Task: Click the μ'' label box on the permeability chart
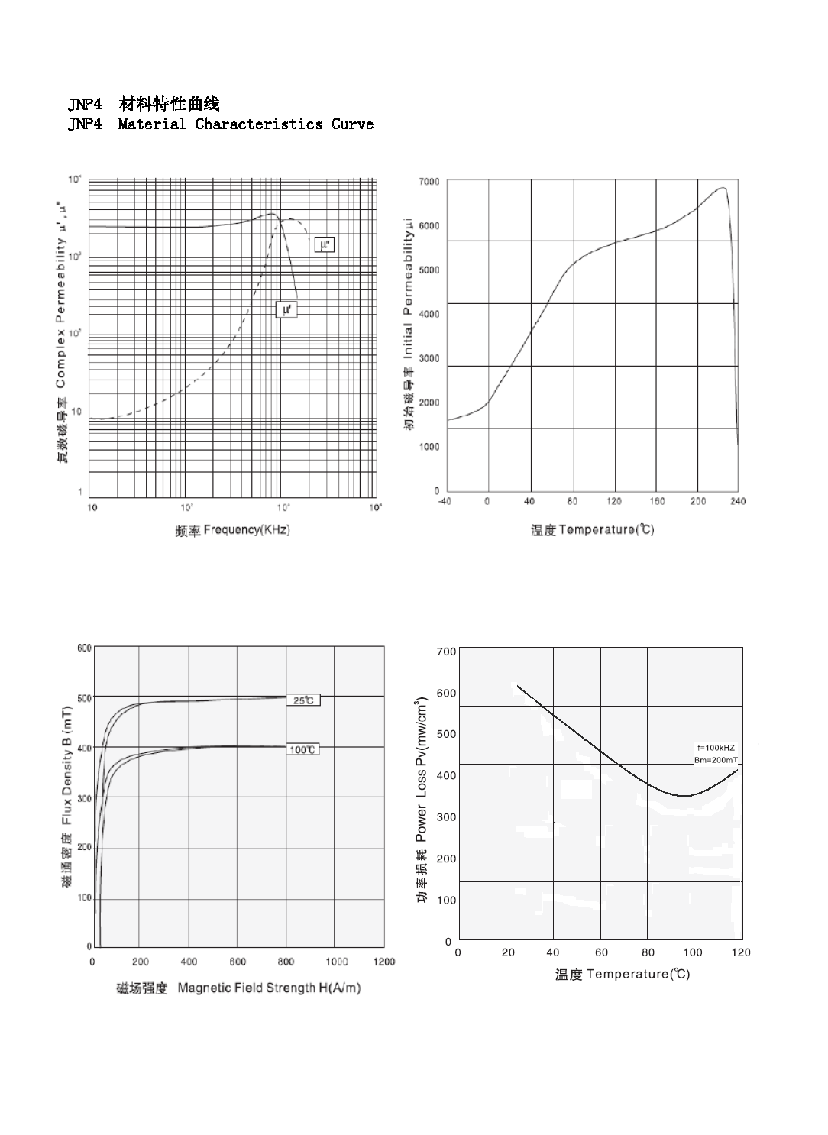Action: point(325,245)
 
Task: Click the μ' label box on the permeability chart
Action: point(286,309)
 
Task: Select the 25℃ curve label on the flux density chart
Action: point(303,700)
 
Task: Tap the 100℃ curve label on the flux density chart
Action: point(303,750)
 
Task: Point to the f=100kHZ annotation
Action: point(716,747)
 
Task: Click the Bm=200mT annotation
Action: point(716,761)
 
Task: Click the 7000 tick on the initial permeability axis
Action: point(429,182)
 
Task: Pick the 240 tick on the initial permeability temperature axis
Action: point(738,501)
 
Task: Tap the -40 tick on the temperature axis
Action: point(446,501)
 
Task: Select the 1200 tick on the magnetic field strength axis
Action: point(384,962)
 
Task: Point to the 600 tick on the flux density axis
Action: point(84,648)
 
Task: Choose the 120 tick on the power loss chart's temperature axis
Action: point(741,952)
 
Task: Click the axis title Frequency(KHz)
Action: point(233,530)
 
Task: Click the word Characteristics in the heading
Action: point(259,124)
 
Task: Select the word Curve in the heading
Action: point(352,124)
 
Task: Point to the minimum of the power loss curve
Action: point(687,796)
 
